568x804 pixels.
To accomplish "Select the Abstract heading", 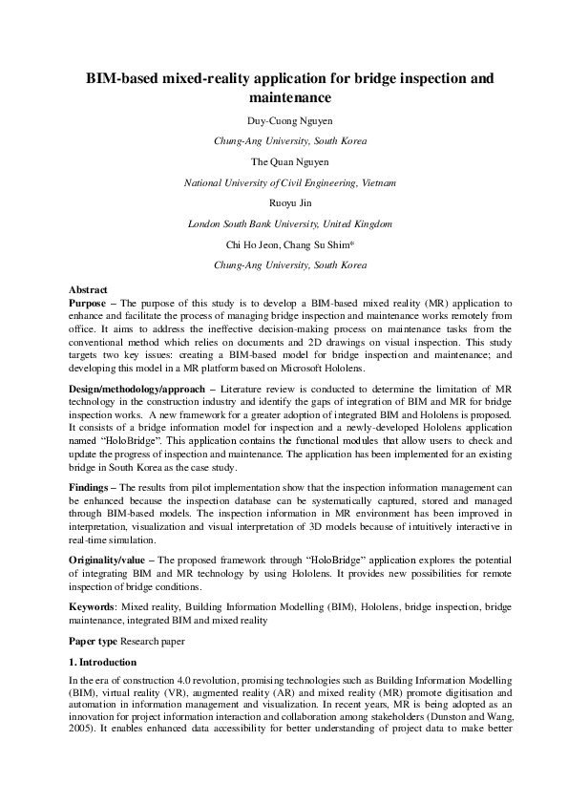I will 88,288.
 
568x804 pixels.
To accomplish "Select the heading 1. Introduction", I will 103,662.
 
